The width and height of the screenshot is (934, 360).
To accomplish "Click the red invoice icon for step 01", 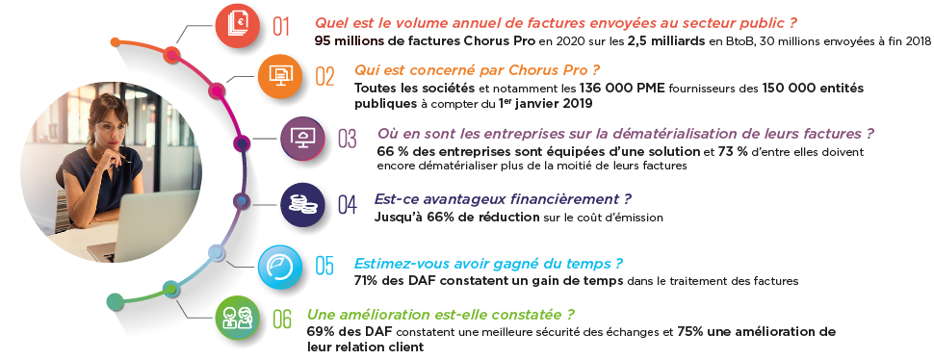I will [237, 26].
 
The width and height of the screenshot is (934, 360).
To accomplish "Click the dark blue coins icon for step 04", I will [299, 203].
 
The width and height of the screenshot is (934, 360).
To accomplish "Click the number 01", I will [281, 27].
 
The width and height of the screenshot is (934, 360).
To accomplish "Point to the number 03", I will [347, 140].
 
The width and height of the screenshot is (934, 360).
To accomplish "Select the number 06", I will [281, 318].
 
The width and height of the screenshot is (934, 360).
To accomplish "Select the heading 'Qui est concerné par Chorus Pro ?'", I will [477, 70].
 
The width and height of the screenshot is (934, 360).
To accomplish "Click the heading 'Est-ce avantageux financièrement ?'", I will [502, 199].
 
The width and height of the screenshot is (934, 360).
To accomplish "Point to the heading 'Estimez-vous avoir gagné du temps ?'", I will [488, 263].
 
